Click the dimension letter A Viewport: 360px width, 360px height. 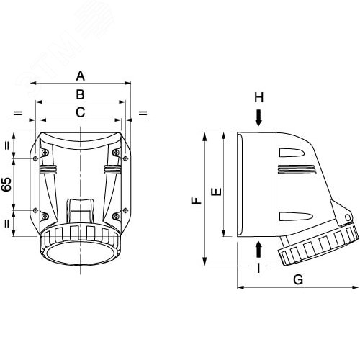pos(81,76)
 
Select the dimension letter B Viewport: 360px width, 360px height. pos(81,94)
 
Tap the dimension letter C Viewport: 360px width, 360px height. pos(81,112)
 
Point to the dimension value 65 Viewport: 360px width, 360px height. pos(7,184)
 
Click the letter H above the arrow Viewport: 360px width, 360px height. pos(259,97)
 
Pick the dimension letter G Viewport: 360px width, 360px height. pos(298,279)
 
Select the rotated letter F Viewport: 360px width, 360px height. pos(197,201)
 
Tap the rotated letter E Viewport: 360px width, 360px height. pos(217,192)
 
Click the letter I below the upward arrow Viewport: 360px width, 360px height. pos(258,268)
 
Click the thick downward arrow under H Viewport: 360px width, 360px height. pos(258,118)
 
